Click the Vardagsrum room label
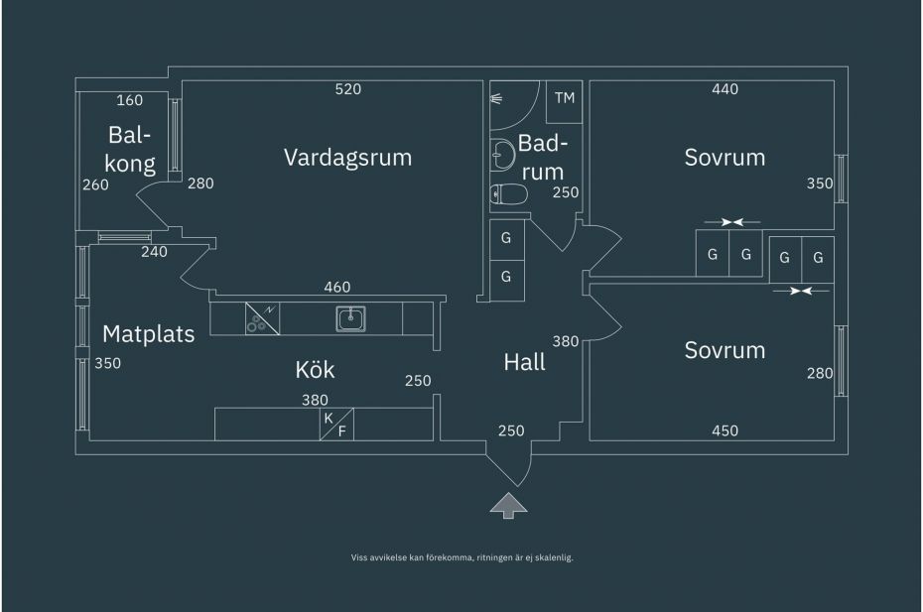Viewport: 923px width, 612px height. (348, 158)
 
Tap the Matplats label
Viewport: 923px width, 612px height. (148, 334)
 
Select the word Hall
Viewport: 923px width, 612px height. (524, 362)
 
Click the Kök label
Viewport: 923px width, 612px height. (315, 370)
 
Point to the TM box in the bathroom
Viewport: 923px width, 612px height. (565, 101)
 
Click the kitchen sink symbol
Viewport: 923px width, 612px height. (350, 319)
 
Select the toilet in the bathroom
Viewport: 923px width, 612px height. (508, 193)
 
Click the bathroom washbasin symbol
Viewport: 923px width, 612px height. (502, 155)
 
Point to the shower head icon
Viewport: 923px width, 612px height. (496, 99)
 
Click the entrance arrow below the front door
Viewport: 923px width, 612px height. (508, 506)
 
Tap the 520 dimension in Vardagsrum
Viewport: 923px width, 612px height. (348, 89)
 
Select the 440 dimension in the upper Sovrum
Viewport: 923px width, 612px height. (725, 89)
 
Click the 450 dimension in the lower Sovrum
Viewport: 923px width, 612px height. (725, 430)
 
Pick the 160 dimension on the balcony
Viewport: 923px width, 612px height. (129, 100)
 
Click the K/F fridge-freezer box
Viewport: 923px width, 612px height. (336, 424)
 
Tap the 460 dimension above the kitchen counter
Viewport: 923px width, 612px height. (337, 288)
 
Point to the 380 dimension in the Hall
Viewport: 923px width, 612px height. (565, 341)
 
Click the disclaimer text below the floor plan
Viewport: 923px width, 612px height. (462, 557)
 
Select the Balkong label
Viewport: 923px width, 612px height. (129, 150)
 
